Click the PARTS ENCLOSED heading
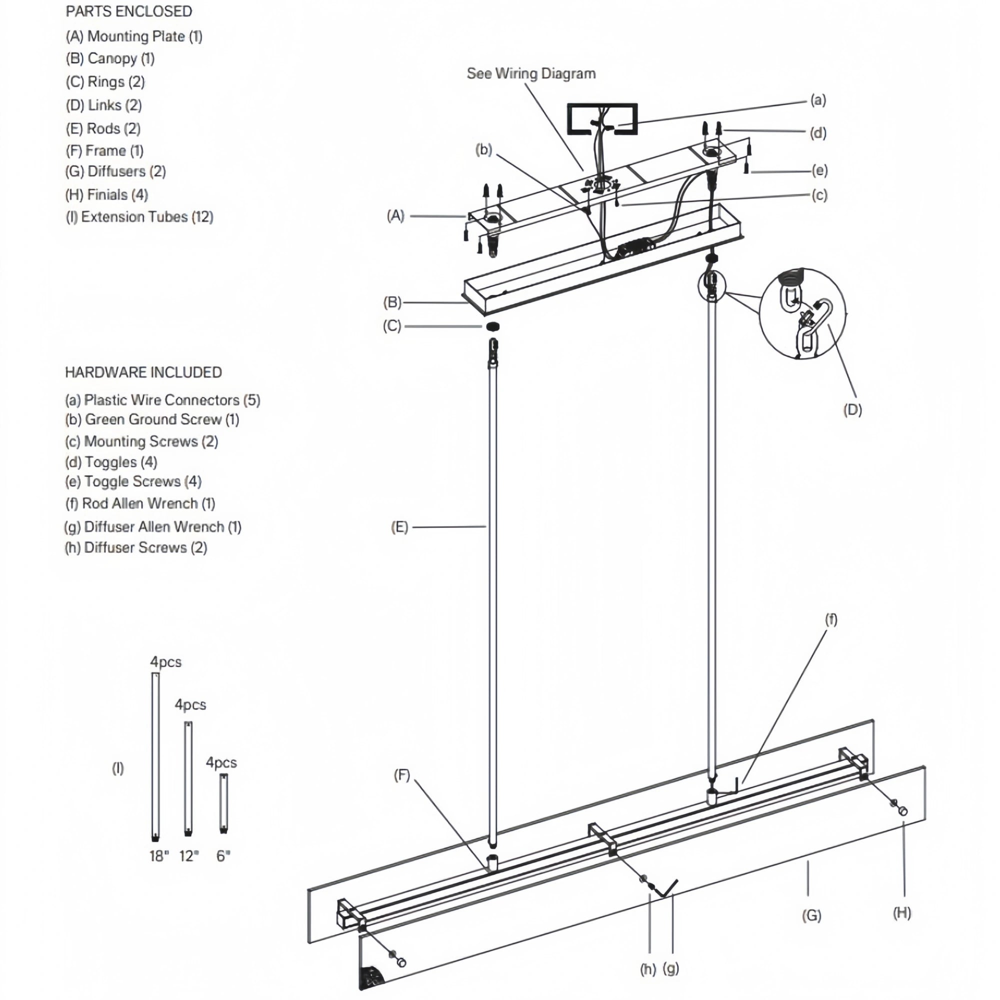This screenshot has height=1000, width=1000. pyautogui.click(x=128, y=11)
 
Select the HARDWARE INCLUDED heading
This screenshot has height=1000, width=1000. pyautogui.click(x=143, y=372)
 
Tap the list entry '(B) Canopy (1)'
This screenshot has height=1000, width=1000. pyautogui.click(x=109, y=58)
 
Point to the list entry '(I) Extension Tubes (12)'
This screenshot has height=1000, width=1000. pyautogui.click(x=139, y=217)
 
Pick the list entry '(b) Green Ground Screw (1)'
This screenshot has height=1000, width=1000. pyautogui.click(x=151, y=419)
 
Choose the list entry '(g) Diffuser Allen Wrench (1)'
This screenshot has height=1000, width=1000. pyautogui.click(x=152, y=527)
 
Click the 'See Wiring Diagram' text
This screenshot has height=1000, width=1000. pyautogui.click(x=531, y=73)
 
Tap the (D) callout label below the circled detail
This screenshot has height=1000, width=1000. pyautogui.click(x=852, y=410)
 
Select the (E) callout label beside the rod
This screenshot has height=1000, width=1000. pyautogui.click(x=399, y=527)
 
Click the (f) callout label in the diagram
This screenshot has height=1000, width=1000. pyautogui.click(x=830, y=619)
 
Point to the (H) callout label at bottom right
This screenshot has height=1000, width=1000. pyautogui.click(x=901, y=913)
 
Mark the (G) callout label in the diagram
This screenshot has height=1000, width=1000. pyautogui.click(x=811, y=915)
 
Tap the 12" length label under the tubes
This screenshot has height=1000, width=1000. pyautogui.click(x=189, y=856)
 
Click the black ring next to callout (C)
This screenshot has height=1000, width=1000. pyautogui.click(x=493, y=326)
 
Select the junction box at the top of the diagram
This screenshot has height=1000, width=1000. pyautogui.click(x=602, y=119)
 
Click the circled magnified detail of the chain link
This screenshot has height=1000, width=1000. pyautogui.click(x=802, y=313)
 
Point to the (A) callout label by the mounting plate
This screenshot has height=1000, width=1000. pyautogui.click(x=395, y=216)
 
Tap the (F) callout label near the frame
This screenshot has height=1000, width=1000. pyautogui.click(x=401, y=775)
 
